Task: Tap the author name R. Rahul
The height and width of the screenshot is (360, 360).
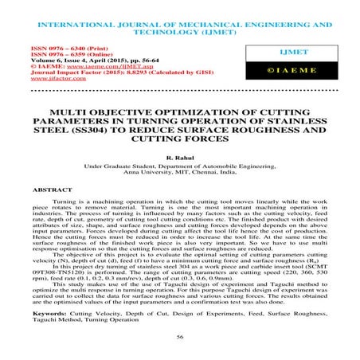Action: tap(180, 158)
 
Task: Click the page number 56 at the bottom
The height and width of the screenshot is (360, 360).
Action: tap(180, 338)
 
